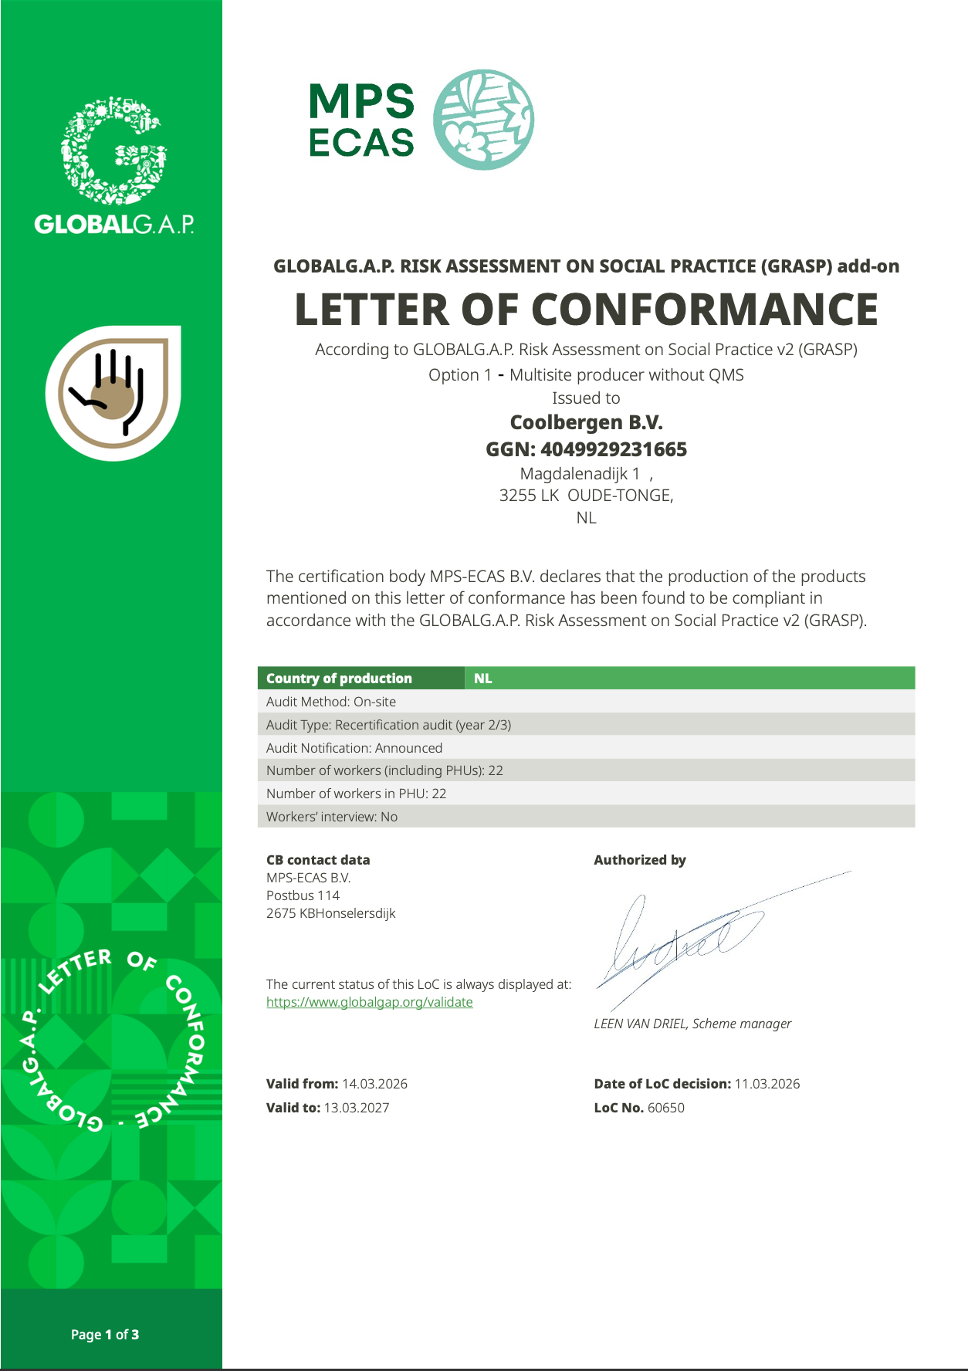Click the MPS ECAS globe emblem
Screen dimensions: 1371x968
point(483,120)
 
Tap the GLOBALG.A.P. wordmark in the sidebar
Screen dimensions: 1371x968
point(114,225)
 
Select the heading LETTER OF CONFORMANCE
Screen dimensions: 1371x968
point(586,310)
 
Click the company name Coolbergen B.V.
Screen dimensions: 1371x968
point(586,422)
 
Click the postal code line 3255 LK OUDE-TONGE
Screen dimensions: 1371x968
point(586,496)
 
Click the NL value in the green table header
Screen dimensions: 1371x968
point(482,679)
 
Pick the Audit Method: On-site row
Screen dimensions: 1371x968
point(331,702)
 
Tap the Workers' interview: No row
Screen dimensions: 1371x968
point(332,817)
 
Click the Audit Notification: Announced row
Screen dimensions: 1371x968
point(354,748)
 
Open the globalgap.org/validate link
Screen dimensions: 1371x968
point(369,1002)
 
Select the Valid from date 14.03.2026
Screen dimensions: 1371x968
point(374,1084)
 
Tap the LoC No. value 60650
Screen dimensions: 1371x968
point(665,1108)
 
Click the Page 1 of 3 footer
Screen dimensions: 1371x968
point(105,1335)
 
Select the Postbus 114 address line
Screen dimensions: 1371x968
point(303,895)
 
